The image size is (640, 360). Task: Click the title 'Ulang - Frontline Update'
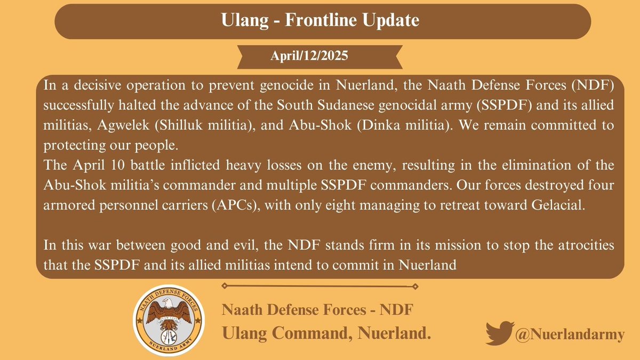[319, 21]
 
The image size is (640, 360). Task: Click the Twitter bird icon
[500, 333]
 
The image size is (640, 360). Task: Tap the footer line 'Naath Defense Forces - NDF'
[317, 310]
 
